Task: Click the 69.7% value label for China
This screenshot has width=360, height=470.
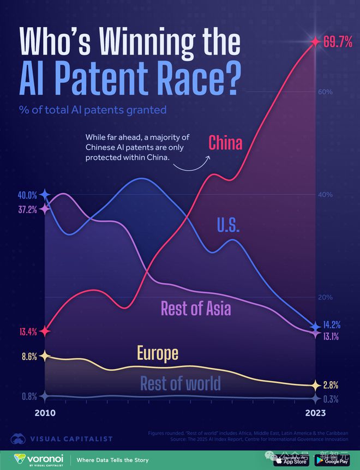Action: point(338,42)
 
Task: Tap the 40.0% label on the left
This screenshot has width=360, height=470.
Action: point(27,195)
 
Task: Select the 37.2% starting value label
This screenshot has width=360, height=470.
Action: point(27,209)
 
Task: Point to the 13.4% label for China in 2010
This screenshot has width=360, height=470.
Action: point(27,331)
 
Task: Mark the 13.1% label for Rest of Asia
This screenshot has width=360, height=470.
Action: point(334,336)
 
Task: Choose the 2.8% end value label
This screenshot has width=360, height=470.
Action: point(331,384)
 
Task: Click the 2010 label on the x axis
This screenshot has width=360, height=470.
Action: point(45,413)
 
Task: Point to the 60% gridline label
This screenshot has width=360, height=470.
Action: point(326,92)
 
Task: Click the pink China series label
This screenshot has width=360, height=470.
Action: point(225,143)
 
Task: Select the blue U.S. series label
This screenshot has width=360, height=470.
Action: point(228,225)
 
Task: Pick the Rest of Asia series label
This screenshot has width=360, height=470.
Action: point(196,309)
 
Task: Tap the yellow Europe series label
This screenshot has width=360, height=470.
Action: point(158,353)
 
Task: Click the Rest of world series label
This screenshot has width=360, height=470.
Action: point(180,383)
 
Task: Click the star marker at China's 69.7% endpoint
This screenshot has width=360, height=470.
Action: point(315,41)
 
